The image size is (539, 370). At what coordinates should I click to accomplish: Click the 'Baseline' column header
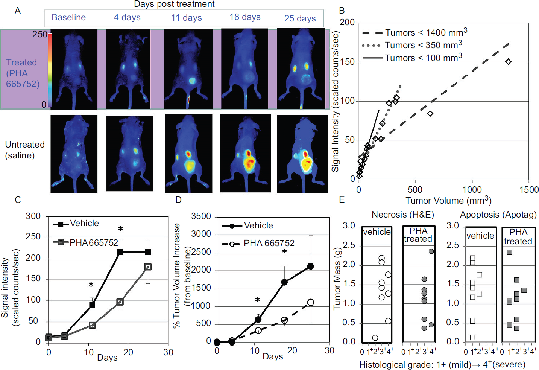coord(68,17)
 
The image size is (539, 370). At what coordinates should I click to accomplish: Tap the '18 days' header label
coord(245,17)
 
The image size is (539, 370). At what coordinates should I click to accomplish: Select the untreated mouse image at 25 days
coord(302,154)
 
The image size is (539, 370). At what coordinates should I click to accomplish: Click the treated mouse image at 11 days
coord(188,69)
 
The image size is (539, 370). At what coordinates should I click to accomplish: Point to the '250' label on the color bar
coord(40,34)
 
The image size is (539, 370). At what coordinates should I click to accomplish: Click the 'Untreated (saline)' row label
coord(25,150)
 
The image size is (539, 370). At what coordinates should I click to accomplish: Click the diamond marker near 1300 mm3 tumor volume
coord(508,62)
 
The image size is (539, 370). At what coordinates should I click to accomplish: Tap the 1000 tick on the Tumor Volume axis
coord(472,189)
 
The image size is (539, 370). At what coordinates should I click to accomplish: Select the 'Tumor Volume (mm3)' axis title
coord(448,200)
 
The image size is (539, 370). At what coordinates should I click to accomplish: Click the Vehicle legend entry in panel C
coord(76,224)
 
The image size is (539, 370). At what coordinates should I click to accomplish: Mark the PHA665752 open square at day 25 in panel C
coord(148,267)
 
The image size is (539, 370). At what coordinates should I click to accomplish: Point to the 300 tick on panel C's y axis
coord(33,216)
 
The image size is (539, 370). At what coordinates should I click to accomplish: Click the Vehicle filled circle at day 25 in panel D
coord(311,266)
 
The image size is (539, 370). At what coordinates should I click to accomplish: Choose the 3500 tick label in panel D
coord(201,216)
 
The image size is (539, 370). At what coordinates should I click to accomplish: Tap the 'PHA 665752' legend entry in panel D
coord(258,244)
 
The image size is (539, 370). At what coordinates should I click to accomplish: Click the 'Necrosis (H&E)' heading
coord(403,215)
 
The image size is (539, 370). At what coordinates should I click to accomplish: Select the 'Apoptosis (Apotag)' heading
coord(498,215)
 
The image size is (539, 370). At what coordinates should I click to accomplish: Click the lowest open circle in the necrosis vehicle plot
coord(375,338)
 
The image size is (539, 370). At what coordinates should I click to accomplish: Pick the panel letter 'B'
coord(342,11)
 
